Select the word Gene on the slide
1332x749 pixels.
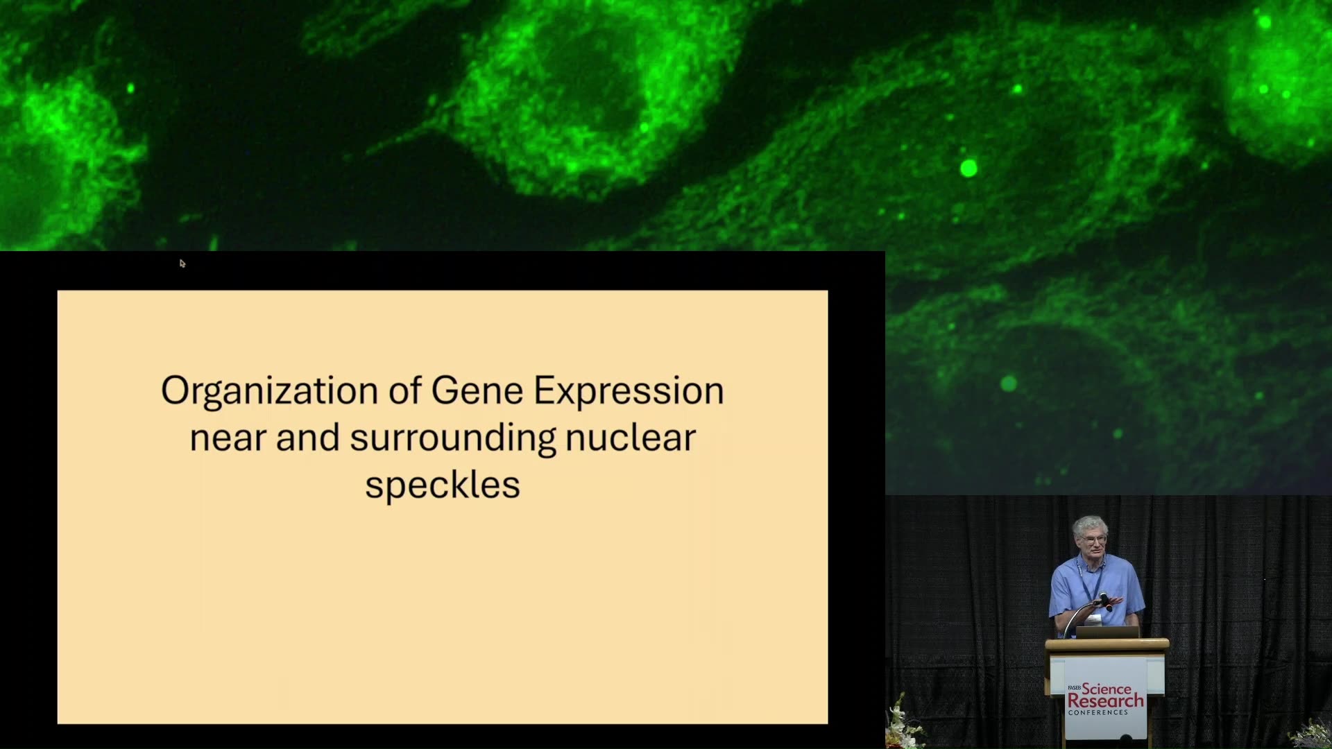pyautogui.click(x=477, y=390)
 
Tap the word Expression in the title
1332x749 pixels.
pyautogui.click(x=629, y=392)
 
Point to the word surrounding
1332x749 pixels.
pyautogui.click(x=453, y=439)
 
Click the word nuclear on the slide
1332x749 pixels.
pyautogui.click(x=631, y=438)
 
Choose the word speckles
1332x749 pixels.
pyautogui.click(x=443, y=485)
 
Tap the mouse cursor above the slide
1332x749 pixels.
pyautogui.click(x=182, y=264)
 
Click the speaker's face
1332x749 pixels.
pyautogui.click(x=1091, y=539)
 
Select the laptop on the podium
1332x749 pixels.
pyautogui.click(x=1107, y=632)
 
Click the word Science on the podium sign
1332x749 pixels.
pyautogui.click(x=1107, y=689)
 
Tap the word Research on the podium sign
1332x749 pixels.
pyautogui.click(x=1105, y=700)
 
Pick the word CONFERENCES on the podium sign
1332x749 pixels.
pyautogui.click(x=1098, y=712)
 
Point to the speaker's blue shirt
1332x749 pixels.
pyautogui.click(x=1095, y=589)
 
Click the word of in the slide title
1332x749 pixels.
pyautogui.click(x=404, y=390)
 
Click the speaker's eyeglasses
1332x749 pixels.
pyautogui.click(x=1093, y=538)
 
